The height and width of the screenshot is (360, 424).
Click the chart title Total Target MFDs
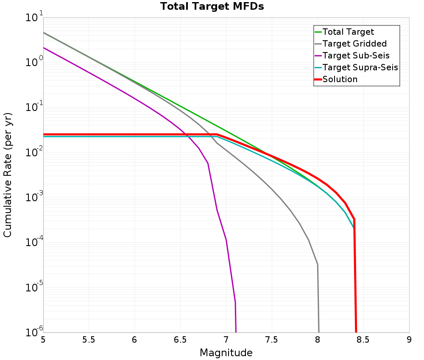coord(212,7)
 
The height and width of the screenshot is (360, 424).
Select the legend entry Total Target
coord(348,32)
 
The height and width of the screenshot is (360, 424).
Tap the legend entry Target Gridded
coord(354,44)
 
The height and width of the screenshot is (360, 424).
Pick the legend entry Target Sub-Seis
coord(356,55)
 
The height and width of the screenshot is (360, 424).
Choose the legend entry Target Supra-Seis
coord(360,67)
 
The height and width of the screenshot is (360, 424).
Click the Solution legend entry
coord(340,79)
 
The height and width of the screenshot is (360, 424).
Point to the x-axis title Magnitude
coord(226,353)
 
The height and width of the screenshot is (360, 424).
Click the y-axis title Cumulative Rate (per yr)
coord(8,175)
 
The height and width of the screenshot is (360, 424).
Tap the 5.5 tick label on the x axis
coord(89,340)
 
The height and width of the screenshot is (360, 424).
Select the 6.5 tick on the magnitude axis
coord(181,340)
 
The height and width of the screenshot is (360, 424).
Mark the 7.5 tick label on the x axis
coord(272,340)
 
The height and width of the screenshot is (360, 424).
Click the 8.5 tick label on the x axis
coord(363,340)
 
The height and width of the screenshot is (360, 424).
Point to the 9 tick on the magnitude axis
coord(409,340)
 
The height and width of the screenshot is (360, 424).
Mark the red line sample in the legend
coord(318,79)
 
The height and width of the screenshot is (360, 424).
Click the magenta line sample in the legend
coord(318,55)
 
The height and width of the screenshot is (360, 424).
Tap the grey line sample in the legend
coord(318,44)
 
